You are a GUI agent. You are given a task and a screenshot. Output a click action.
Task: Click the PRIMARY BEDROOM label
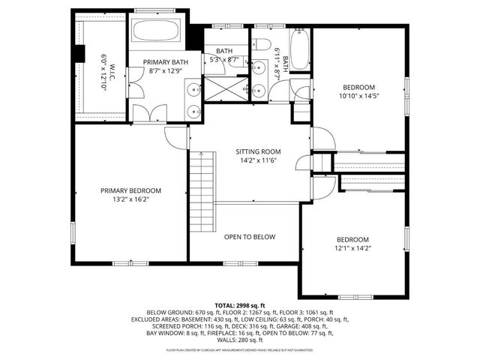tap(130, 190)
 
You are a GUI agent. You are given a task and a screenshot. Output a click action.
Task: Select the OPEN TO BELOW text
tap(249, 237)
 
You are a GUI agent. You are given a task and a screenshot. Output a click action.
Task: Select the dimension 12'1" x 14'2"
tap(352, 248)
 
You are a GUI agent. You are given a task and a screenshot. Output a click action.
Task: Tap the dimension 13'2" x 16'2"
tap(130, 200)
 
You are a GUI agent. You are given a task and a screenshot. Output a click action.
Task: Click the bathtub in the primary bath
tap(156, 32)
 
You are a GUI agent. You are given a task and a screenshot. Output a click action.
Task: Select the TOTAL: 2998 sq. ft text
tap(240, 305)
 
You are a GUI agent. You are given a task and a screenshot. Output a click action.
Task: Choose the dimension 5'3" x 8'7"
tap(223, 59)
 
